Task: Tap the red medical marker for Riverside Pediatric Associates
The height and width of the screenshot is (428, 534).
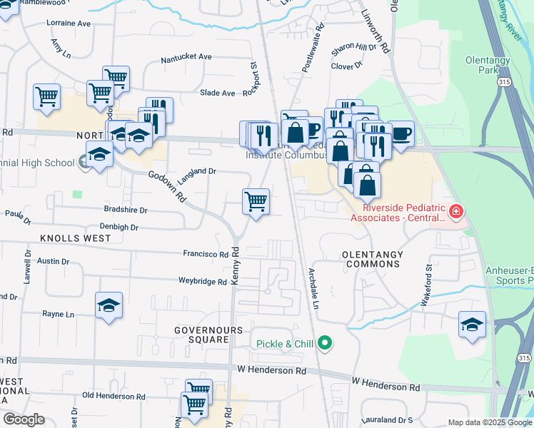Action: coord(455,211)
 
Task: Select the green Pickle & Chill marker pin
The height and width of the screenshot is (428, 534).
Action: coord(325,344)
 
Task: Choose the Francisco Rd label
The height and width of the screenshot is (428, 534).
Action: coord(205,254)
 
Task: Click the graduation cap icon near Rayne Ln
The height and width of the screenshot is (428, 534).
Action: coord(109,306)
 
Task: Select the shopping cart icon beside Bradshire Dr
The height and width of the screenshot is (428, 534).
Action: coord(256,202)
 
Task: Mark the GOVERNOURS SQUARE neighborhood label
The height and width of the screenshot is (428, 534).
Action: coord(203,335)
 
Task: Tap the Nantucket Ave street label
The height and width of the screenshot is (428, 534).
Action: coord(186,56)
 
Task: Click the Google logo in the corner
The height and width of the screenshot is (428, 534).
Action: coord(24,419)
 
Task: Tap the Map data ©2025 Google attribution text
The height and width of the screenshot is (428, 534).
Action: coord(489,422)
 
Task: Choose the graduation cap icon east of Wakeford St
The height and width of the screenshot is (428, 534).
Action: coord(472,325)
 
